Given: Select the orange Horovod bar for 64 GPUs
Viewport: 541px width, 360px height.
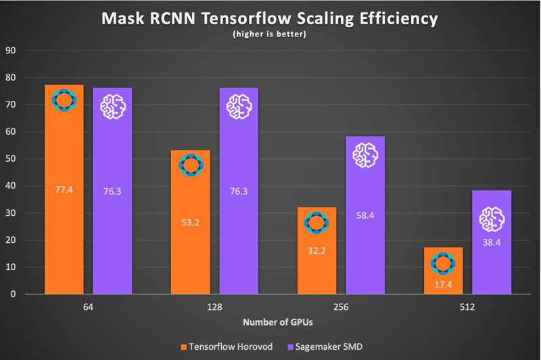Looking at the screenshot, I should point(64,203).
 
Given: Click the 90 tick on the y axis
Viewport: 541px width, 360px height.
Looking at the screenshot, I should point(12,51).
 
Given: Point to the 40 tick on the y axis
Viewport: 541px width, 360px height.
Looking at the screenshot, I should point(12,186).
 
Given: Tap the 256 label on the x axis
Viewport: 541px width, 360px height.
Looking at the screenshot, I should point(341,307).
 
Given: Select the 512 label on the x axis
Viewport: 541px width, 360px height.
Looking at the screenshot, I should point(467,307).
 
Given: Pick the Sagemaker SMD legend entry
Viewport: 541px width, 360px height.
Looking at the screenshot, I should point(344,346).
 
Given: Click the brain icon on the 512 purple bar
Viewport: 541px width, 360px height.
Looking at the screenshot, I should point(492,219).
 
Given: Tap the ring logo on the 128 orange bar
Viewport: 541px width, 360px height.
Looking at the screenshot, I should point(190,165).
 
